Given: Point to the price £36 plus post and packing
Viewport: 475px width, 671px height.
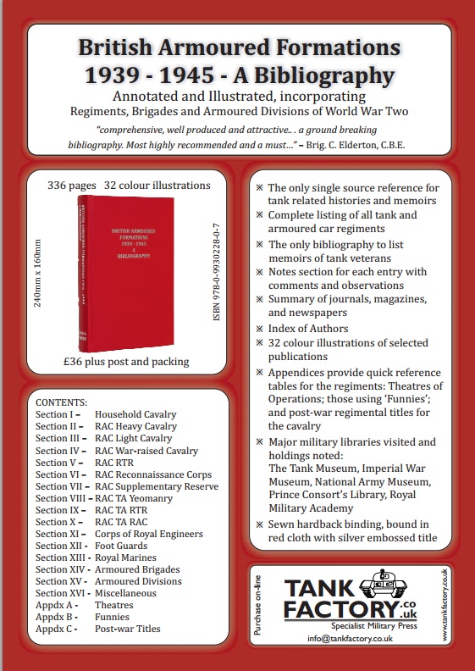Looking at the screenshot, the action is [x=127, y=362].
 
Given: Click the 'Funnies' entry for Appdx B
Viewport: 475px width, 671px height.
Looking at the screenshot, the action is [x=113, y=617].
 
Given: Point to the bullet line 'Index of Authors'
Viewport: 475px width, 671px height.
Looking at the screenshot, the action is [x=307, y=328].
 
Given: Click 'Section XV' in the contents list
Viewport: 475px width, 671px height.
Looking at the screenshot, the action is [x=58, y=581].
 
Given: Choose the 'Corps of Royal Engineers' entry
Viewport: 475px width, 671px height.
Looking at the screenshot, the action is [x=148, y=534].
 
